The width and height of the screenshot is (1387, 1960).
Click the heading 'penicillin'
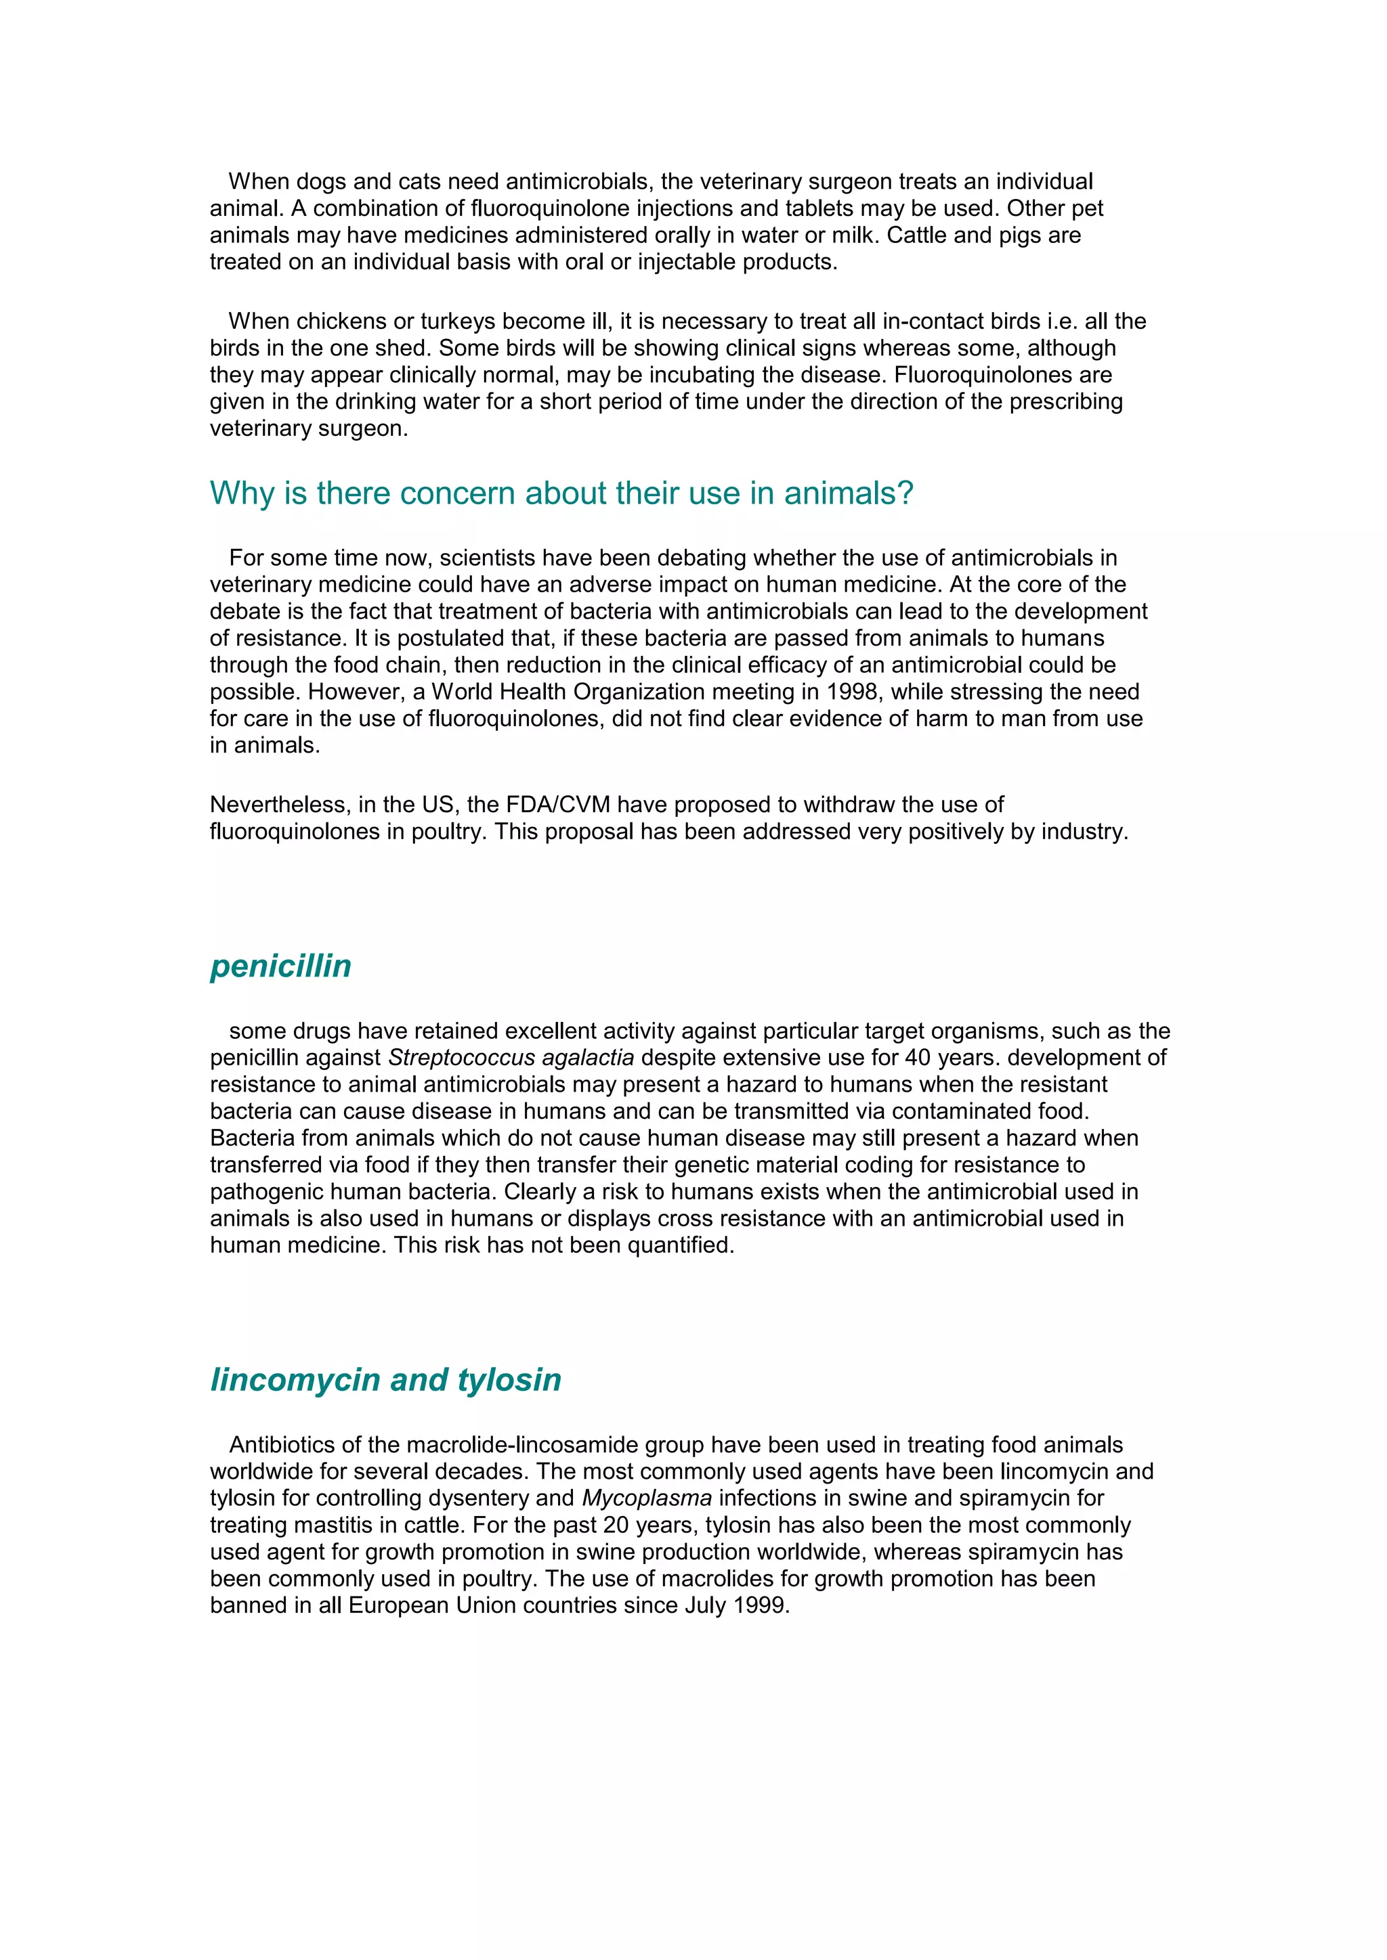pyautogui.click(x=280, y=966)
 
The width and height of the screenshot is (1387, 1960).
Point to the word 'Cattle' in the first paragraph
pyautogui.click(x=916, y=235)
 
